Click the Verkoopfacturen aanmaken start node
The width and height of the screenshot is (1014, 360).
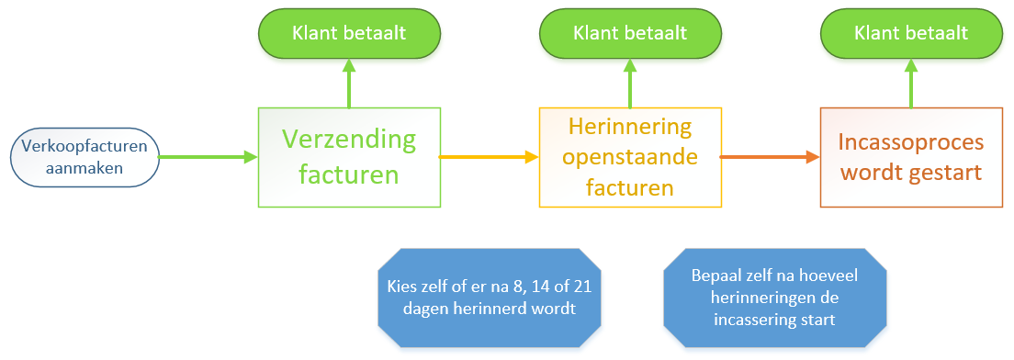[x=84, y=157]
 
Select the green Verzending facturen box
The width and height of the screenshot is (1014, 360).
[x=349, y=157]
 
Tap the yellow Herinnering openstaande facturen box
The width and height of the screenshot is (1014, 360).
[x=630, y=157]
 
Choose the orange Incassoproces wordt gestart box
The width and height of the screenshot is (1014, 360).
[x=911, y=157]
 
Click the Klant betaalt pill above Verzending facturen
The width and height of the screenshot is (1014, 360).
[x=349, y=33]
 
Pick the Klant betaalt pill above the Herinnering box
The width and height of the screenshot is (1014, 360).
[x=630, y=33]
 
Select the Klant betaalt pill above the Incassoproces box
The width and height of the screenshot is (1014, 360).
[x=911, y=33]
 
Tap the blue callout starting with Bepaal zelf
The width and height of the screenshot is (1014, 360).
[x=774, y=298]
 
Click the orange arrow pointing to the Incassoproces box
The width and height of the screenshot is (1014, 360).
[x=769, y=157]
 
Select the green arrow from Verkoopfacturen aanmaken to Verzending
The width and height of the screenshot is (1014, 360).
[x=208, y=157]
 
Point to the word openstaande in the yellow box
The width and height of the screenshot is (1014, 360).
[x=630, y=157]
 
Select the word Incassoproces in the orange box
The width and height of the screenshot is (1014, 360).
[x=911, y=143]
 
